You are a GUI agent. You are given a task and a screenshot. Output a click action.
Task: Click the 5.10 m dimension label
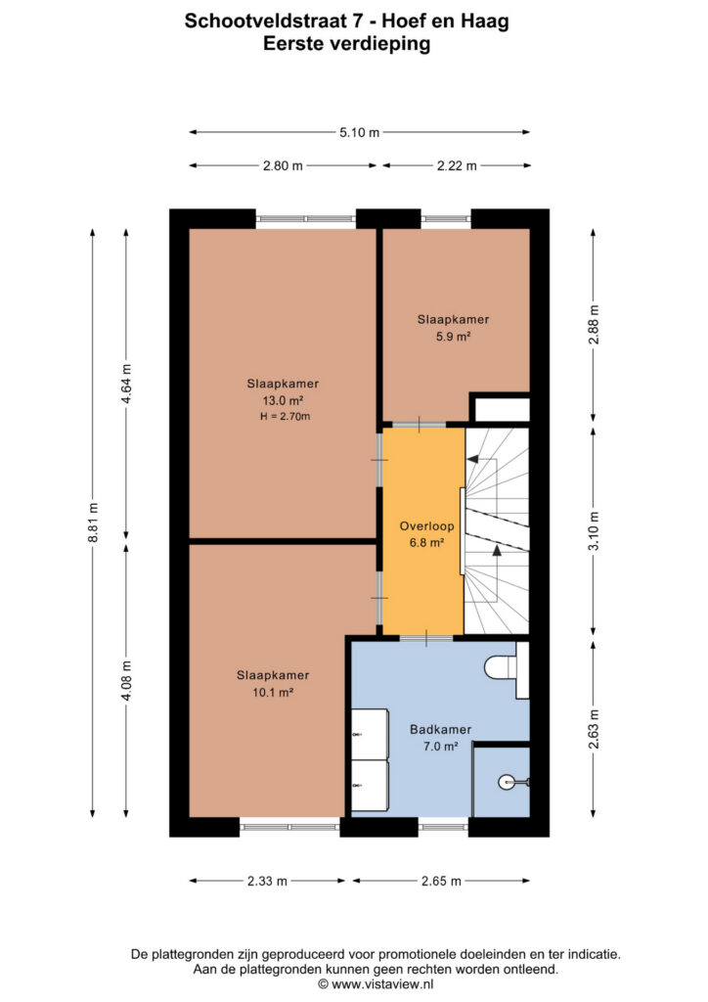point(360,132)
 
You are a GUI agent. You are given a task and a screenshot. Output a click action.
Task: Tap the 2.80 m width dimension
point(283,165)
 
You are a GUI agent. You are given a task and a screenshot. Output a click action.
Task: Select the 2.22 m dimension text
point(457,165)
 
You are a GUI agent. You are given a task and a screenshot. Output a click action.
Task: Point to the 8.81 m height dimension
point(93,523)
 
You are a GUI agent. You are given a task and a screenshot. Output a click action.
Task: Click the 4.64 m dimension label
point(126,384)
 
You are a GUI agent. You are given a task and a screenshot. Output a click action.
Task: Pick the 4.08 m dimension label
point(126,681)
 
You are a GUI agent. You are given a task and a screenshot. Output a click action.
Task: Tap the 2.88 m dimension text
point(594,325)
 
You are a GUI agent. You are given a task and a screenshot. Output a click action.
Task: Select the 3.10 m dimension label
point(594,531)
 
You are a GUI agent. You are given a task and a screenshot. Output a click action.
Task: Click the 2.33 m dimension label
point(268,881)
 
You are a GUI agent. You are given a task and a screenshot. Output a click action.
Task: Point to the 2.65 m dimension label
point(441,881)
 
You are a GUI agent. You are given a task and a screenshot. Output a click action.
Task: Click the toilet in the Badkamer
point(506,669)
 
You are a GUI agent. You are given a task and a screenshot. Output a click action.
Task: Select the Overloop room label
point(426,525)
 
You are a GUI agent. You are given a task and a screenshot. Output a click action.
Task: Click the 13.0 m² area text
point(283,400)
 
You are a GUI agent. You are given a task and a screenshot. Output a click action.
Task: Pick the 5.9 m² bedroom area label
point(454,337)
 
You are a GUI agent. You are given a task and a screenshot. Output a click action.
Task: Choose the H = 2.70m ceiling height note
point(285,416)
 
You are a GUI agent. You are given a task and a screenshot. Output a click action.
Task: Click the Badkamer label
point(440,729)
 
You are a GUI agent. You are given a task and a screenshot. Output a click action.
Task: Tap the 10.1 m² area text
point(273,692)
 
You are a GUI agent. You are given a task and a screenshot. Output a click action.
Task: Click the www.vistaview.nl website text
point(382,984)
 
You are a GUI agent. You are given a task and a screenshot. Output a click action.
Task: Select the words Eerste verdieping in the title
point(346,44)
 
